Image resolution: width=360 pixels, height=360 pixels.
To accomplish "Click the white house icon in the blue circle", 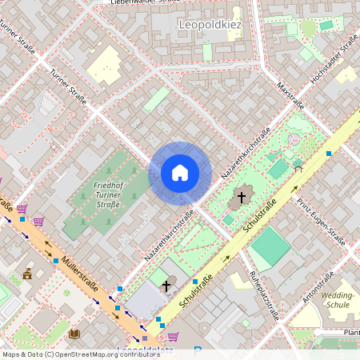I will click(180, 173).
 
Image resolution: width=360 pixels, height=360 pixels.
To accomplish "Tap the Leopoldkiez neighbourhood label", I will click(209, 24).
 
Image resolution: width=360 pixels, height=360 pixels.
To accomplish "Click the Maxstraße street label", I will click(289, 94).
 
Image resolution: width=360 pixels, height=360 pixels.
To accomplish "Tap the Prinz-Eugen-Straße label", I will click(320, 220).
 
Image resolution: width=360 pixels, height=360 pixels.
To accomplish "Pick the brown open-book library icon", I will click(74, 333).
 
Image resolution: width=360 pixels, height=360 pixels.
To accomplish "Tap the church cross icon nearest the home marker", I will click(242, 196).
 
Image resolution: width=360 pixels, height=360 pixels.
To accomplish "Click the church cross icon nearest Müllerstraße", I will click(166, 285).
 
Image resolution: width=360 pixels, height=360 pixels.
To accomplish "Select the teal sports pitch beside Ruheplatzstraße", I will click(270, 247).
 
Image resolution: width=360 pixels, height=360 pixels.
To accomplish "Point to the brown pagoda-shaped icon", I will click(28, 274).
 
